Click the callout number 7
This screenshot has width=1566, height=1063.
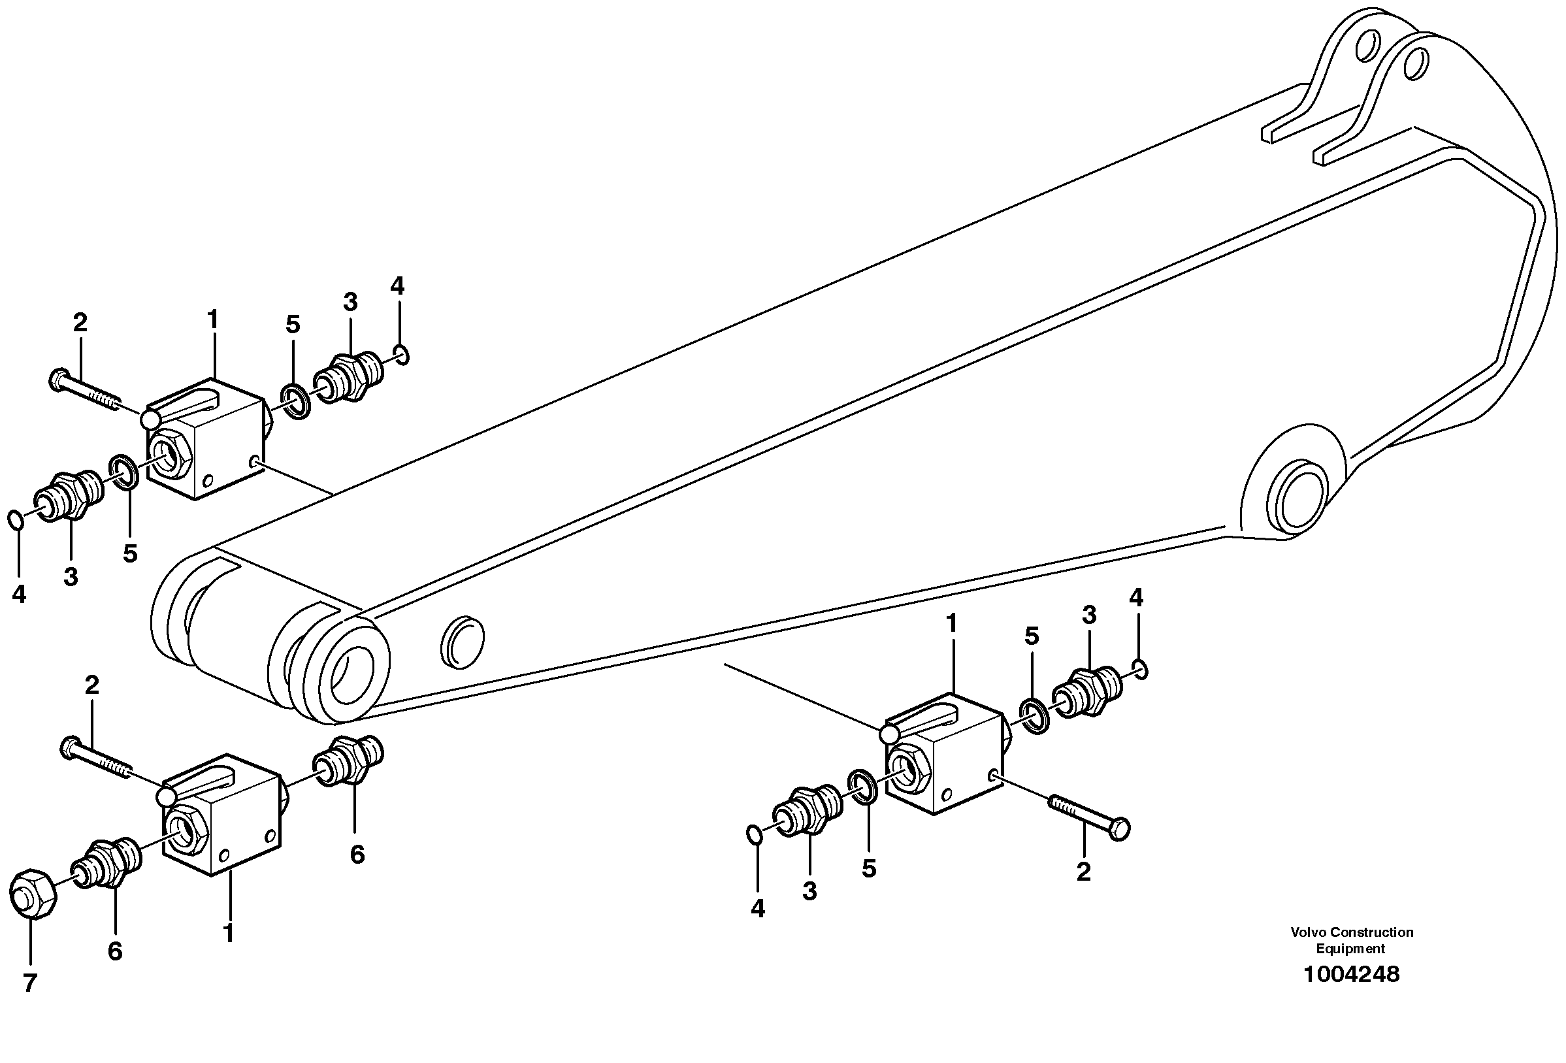pos(29,983)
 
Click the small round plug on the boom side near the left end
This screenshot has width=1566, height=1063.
pos(463,641)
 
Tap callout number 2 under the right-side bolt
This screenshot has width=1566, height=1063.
pos(1083,872)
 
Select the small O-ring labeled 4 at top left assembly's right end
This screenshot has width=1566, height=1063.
pos(402,355)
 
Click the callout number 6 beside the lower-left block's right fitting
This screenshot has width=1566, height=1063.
pos(357,855)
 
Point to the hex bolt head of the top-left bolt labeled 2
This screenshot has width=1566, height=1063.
pos(58,380)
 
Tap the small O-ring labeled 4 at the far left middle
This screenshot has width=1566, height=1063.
pos(16,519)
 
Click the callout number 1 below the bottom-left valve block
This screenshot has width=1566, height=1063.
pos(229,934)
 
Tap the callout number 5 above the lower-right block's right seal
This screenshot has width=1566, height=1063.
pos(1032,636)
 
